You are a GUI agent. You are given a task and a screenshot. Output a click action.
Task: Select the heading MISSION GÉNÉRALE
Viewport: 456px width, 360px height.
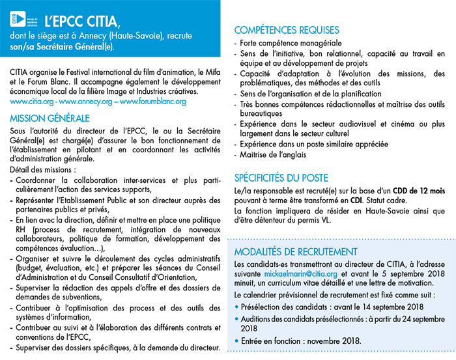50,118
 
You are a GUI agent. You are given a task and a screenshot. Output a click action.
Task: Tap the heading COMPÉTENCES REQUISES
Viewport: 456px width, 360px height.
287,30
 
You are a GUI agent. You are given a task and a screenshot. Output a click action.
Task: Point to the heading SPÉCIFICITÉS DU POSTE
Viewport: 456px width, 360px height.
281,178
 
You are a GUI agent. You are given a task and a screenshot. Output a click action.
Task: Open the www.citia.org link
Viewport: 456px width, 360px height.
31,102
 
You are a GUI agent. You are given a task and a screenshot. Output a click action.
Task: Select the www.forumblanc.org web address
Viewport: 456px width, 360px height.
152,102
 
